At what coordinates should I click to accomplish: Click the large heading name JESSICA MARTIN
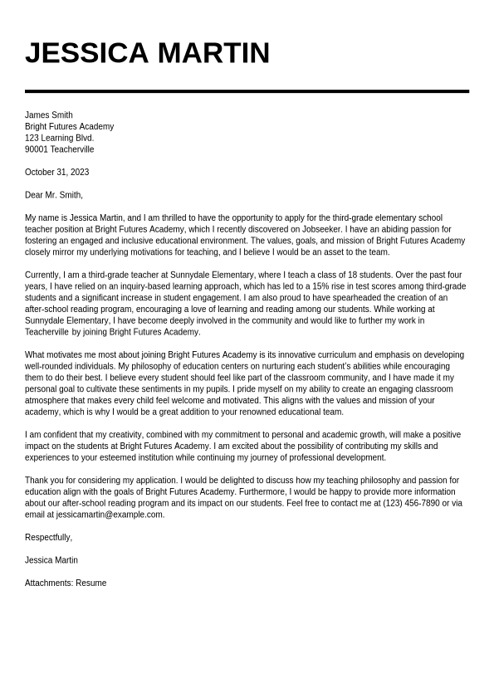[147, 53]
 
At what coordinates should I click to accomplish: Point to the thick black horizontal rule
[247, 91]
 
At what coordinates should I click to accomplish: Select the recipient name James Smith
[48, 115]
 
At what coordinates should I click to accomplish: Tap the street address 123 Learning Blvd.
[59, 138]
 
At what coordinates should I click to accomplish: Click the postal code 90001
[37, 149]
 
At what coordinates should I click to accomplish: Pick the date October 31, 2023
[56, 173]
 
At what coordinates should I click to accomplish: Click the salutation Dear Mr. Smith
[54, 195]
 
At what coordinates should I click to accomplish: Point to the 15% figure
[321, 286]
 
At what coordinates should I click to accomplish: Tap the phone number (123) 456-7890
[411, 503]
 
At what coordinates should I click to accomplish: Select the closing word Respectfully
[48, 538]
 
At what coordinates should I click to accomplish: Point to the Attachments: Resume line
[66, 583]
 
